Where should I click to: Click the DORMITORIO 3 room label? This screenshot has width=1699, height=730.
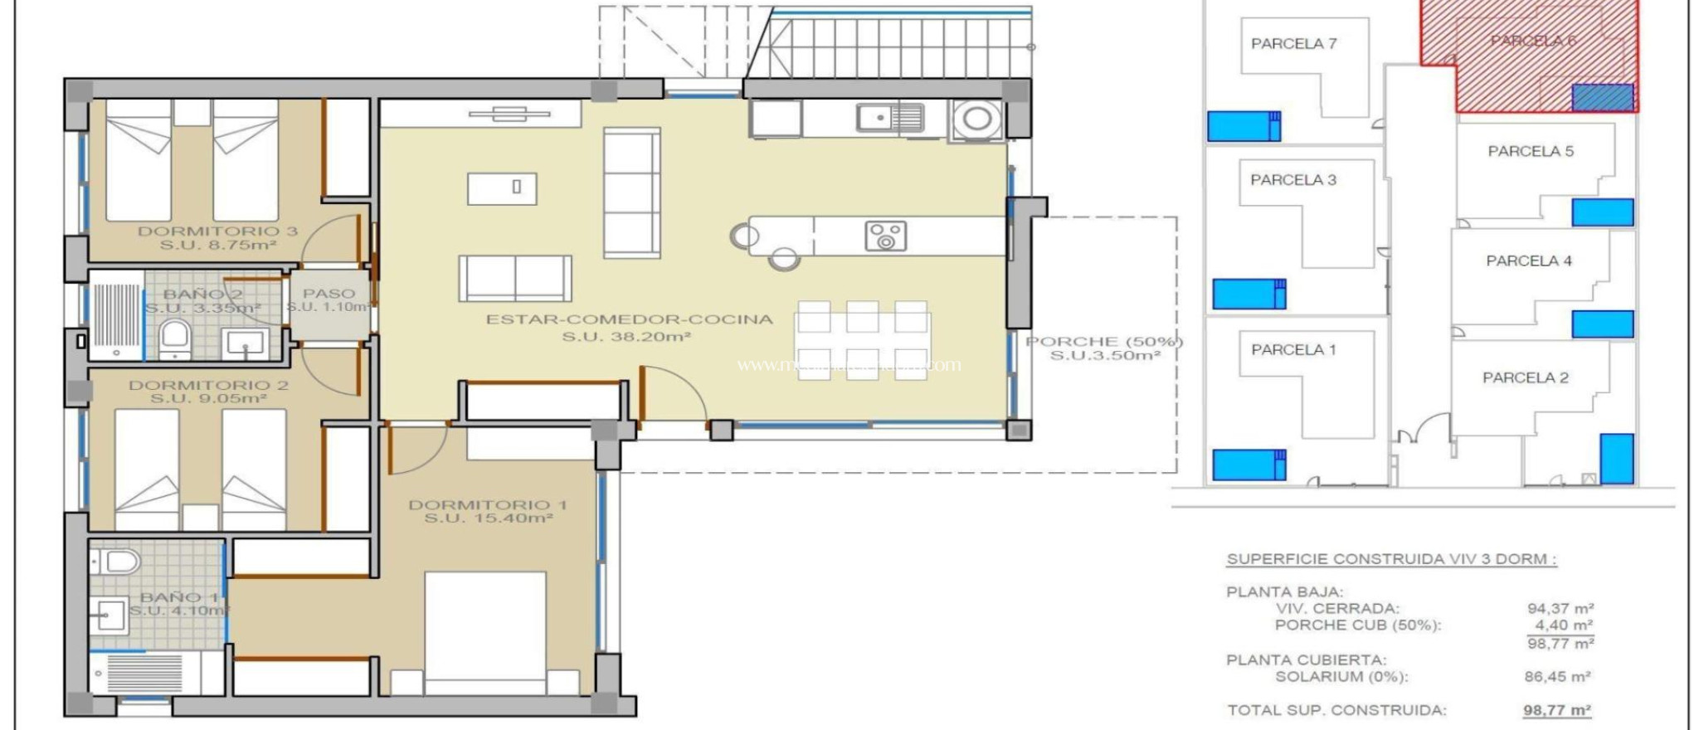217,231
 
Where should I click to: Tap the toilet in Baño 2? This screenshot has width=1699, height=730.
175,338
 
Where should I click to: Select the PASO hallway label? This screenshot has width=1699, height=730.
329,294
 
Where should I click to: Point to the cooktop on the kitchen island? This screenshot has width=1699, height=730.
885,236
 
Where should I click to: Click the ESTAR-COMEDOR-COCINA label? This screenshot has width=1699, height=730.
629,319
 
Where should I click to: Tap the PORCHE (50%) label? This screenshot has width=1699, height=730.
1104,342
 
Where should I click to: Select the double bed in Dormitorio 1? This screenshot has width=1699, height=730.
485,630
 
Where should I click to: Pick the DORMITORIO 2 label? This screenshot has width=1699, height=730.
208,385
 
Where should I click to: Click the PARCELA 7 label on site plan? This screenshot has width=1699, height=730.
1293,44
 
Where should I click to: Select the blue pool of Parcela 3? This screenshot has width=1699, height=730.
1249,294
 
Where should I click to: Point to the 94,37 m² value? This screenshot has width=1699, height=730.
1560,608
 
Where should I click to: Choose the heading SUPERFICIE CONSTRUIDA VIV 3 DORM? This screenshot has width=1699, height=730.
1390,559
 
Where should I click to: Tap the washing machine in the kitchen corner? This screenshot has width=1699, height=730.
976,119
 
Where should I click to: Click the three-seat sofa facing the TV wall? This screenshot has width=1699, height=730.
632,192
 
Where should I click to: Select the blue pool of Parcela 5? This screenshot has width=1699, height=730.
1602,212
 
